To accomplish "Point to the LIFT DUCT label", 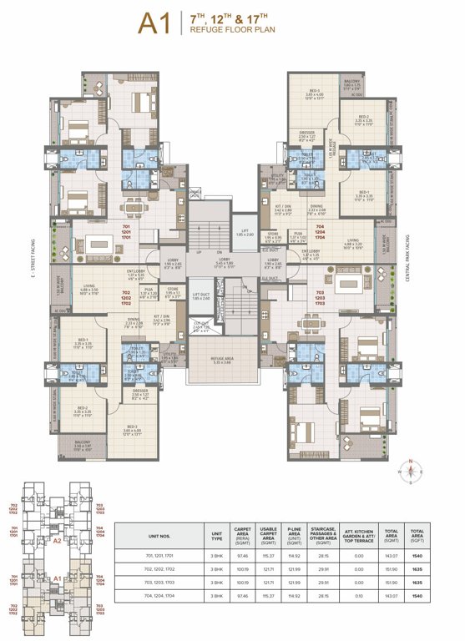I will [x=201, y=295].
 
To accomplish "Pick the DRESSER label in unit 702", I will [x=139, y=392].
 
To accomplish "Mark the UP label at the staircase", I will [x=198, y=251].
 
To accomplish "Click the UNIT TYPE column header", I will [x=217, y=532].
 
